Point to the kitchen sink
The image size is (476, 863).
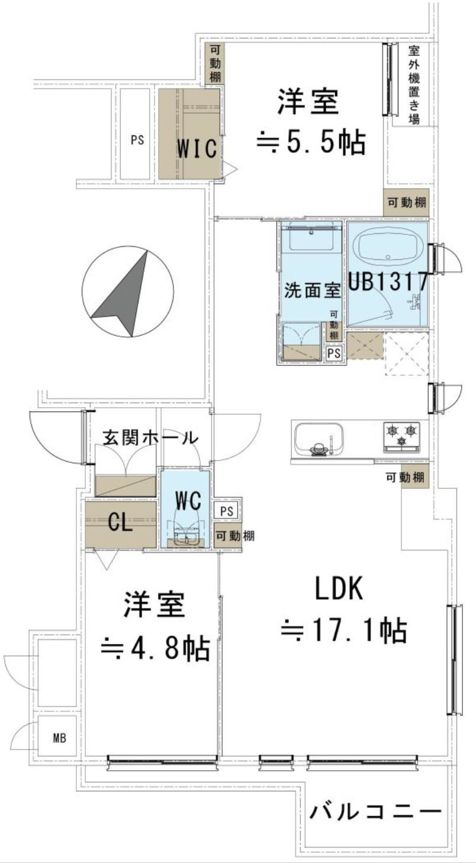tap(320, 439)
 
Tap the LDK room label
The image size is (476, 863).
tap(338, 590)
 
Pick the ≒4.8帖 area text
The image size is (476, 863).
tap(155, 648)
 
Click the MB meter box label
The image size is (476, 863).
tap(59, 738)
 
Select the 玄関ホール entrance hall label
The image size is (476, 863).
tap(150, 439)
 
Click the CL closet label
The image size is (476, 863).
tap(120, 523)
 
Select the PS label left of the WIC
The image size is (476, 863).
tap(137, 140)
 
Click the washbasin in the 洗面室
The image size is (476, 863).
tap(310, 240)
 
